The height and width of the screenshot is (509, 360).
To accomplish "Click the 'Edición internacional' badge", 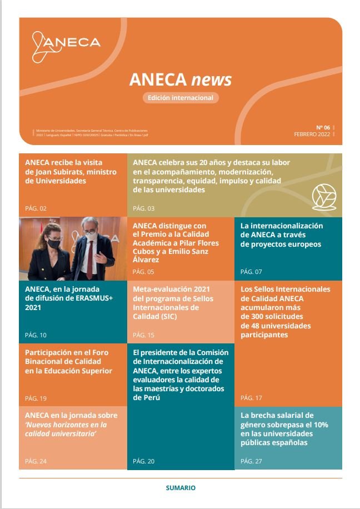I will pyautogui.click(x=180, y=98).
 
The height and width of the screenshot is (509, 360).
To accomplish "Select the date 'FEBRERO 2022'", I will pyautogui.click(x=313, y=134).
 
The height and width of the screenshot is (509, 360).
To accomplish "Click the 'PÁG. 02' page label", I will pyautogui.click(x=36, y=208).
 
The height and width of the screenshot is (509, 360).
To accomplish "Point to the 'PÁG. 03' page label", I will pyautogui.click(x=144, y=208).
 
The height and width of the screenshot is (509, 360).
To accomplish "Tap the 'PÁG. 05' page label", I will pyautogui.click(x=143, y=272).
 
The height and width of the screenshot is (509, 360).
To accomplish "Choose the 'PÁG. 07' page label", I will pyautogui.click(x=251, y=272).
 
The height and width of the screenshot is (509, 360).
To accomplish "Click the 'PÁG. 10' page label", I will pyautogui.click(x=36, y=335).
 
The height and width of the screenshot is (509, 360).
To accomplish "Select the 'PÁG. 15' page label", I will pyautogui.click(x=144, y=335).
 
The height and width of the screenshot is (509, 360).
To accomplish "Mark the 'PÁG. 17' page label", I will pyautogui.click(x=251, y=398).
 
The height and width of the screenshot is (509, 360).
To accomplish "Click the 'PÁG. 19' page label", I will pyautogui.click(x=36, y=398).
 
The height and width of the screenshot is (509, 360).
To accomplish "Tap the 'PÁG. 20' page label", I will pyautogui.click(x=144, y=461).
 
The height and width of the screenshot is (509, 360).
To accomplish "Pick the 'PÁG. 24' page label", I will pyautogui.click(x=36, y=461).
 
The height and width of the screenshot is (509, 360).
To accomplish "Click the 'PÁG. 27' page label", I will pyautogui.click(x=251, y=461).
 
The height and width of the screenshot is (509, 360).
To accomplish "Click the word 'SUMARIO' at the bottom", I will pyautogui.click(x=181, y=488).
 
